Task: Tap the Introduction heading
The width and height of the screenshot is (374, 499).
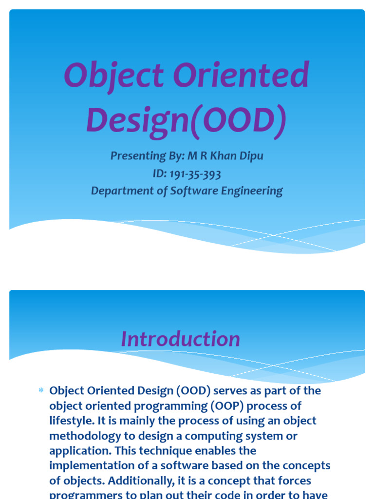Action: click(x=180, y=339)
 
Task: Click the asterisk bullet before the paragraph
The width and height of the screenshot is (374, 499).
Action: click(x=41, y=391)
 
